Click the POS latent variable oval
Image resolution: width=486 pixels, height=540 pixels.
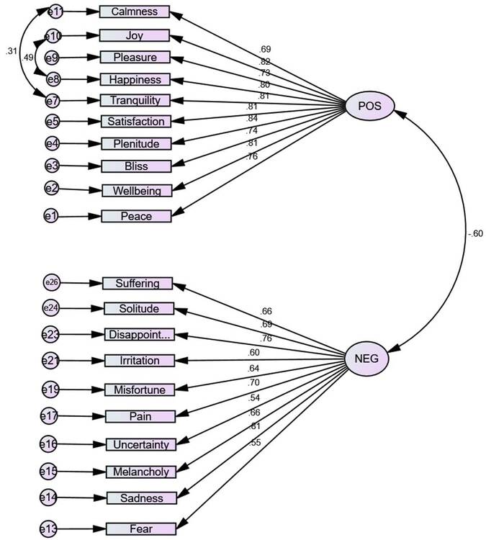point(369,107)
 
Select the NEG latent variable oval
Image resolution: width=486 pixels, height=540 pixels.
point(367,358)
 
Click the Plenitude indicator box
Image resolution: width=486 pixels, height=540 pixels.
point(135,143)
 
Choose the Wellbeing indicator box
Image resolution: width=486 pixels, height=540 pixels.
point(137,190)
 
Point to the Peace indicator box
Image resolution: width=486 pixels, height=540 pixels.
point(137,215)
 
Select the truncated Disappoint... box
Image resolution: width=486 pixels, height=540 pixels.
point(138,334)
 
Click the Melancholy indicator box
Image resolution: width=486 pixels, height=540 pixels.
point(140,472)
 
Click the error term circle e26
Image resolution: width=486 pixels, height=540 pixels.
point(51,283)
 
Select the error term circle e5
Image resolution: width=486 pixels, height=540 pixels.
point(52,121)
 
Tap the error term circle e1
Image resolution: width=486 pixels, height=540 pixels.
point(50,215)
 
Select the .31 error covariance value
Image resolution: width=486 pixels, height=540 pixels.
point(10,51)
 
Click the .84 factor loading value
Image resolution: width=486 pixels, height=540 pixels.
point(273,119)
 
